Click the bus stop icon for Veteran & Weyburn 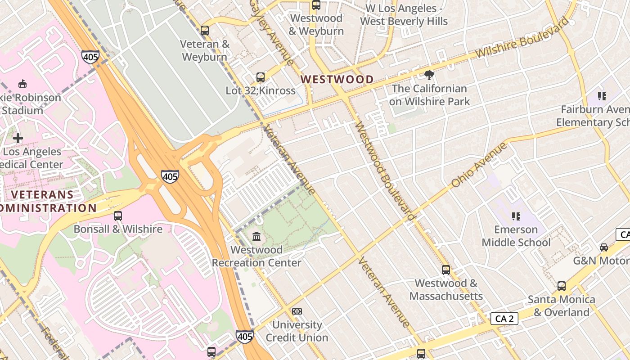pyautogui.click(x=205, y=31)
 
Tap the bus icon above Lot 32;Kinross pyautogui.click(x=261, y=77)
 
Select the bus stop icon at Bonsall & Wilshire pyautogui.click(x=118, y=216)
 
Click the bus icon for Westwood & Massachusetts pyautogui.click(x=446, y=270)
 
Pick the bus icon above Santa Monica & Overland pyautogui.click(x=562, y=286)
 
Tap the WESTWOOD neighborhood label pyautogui.click(x=337, y=80)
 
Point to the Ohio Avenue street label pyautogui.click(x=479, y=165)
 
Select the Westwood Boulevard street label pyautogui.click(x=385, y=171)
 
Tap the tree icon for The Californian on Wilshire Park pyautogui.click(x=429, y=75)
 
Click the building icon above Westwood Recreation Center pyautogui.click(x=256, y=236)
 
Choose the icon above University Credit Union pyautogui.click(x=297, y=311)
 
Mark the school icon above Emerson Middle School pyautogui.click(x=516, y=216)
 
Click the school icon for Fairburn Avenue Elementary pyautogui.click(x=602, y=96)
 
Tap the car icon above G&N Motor pyautogui.click(x=604, y=247)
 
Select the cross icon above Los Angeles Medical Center pyautogui.click(x=18, y=138)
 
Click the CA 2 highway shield pyautogui.click(x=504, y=319)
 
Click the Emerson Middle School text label pyautogui.click(x=516, y=236)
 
